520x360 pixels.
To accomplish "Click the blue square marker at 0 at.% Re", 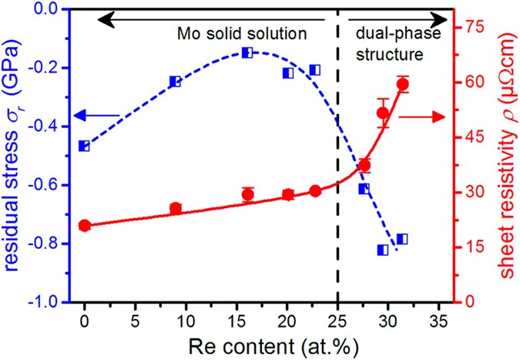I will pos(84,146).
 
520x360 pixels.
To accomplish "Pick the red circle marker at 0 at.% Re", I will pos(84,225).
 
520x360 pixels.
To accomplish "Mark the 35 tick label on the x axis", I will pos(438,318).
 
